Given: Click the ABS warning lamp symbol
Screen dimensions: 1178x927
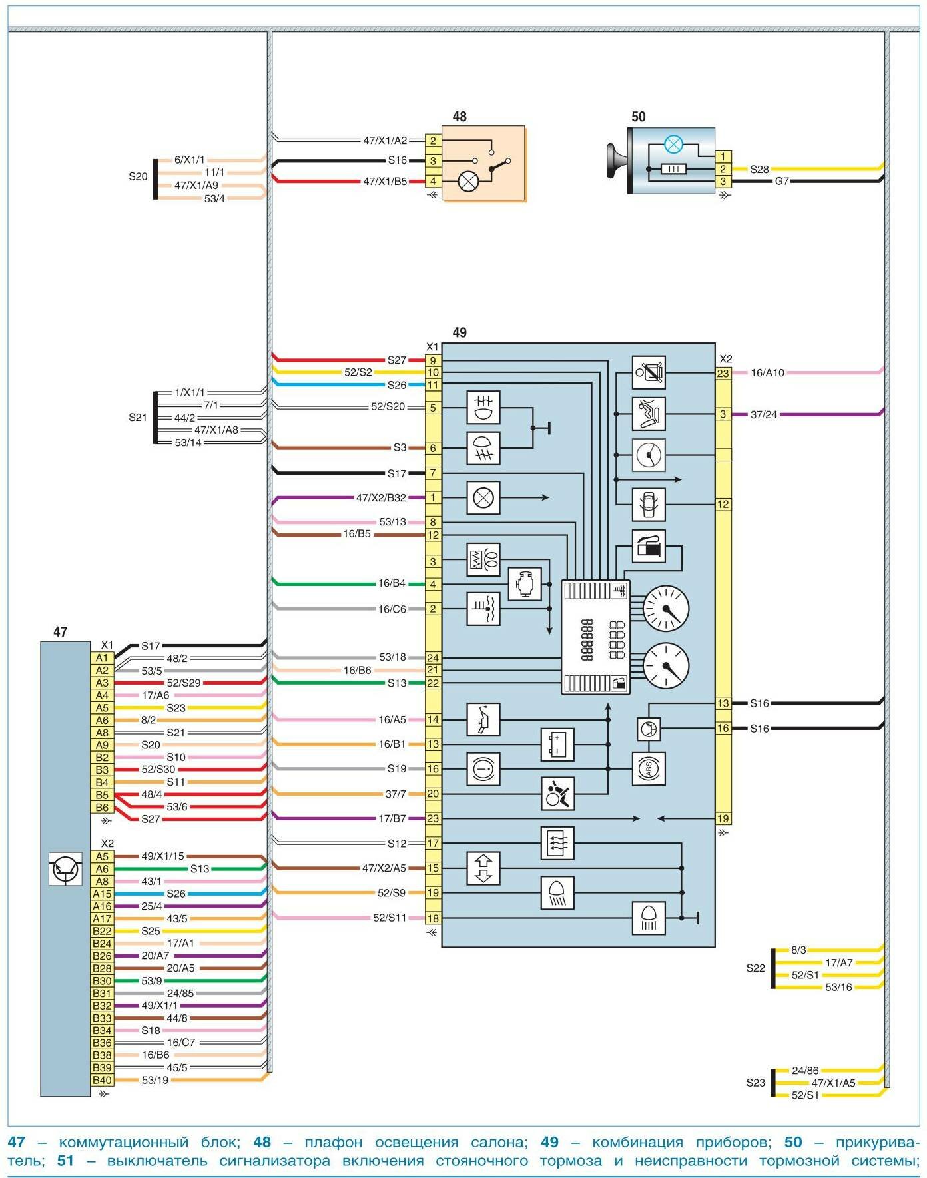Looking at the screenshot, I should (x=648, y=769).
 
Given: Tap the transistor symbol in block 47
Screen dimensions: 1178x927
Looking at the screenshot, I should (x=65, y=868).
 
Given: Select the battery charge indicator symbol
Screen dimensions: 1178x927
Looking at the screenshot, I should (x=557, y=744).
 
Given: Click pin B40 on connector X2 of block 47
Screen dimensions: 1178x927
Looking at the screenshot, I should (x=102, y=1080).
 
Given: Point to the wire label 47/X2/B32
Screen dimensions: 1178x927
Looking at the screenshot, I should (x=381, y=497).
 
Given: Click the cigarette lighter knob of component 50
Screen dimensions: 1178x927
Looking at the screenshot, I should (x=616, y=161).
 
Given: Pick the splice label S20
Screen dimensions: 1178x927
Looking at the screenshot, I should (x=138, y=177).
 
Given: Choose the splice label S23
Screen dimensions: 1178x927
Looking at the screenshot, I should (x=755, y=1083).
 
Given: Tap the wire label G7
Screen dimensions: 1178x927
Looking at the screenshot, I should (x=782, y=181).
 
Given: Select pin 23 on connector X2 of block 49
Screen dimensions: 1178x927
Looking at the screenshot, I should (x=723, y=374).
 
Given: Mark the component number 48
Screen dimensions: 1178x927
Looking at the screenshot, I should (x=460, y=117).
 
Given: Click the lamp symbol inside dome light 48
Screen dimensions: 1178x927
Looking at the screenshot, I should (x=469, y=181).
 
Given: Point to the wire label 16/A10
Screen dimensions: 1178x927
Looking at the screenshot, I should (x=767, y=374).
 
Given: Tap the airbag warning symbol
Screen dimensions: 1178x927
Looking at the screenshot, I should (x=557, y=794).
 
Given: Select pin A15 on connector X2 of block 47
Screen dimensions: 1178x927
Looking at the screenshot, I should (x=102, y=894).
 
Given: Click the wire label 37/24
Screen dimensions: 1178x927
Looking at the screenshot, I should (x=763, y=414).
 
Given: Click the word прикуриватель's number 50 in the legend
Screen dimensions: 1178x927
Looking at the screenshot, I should (x=792, y=1142).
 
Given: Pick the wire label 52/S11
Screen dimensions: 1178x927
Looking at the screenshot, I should (x=390, y=918).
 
